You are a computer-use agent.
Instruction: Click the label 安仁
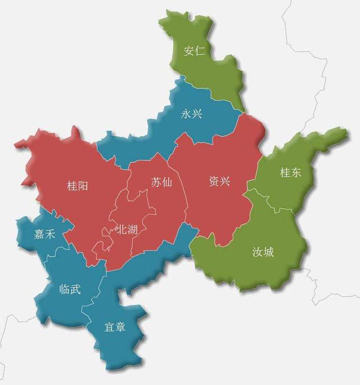pyautogui.click(x=194, y=51)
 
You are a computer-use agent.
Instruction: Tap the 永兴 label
pyautogui.click(x=191, y=114)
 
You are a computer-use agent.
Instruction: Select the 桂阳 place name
pyautogui.click(x=78, y=186)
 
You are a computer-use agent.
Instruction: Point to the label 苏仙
pyautogui.click(x=161, y=182)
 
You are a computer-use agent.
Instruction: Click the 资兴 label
pyautogui.click(x=219, y=182)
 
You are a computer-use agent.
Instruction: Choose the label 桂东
pyautogui.click(x=291, y=173)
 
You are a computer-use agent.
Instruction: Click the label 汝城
pyautogui.click(x=263, y=252)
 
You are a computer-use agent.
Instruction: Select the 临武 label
pyautogui.click(x=70, y=290)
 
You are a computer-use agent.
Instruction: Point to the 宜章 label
pyautogui.click(x=115, y=327)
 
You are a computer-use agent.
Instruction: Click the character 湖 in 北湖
pyautogui.click(x=131, y=229)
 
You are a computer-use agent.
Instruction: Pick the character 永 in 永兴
pyautogui.click(x=186, y=114)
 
